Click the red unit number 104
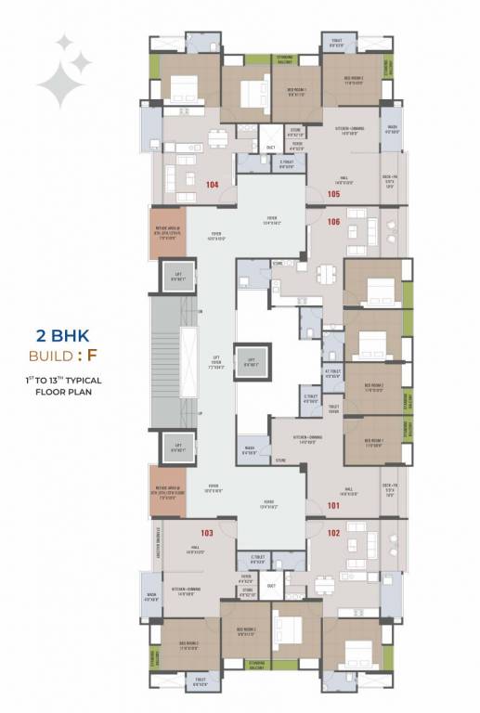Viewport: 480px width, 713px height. click(213, 185)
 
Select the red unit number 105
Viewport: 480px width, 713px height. click(333, 194)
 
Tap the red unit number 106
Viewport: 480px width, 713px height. click(333, 221)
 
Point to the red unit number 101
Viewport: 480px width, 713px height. click(333, 506)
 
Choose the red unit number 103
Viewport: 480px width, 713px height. click(206, 533)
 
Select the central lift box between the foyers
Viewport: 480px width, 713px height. click(248, 357)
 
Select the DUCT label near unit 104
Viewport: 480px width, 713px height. click(271, 148)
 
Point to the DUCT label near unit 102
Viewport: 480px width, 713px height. click(271, 586)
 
